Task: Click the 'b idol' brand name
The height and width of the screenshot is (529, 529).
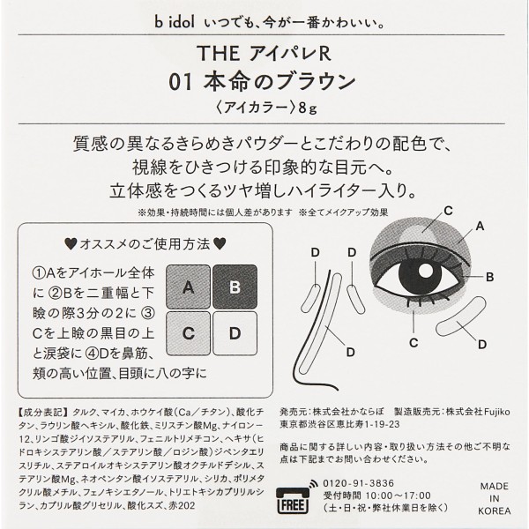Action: (x=175, y=22)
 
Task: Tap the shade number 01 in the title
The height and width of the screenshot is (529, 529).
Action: (x=181, y=82)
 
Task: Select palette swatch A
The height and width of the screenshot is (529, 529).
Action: (x=189, y=287)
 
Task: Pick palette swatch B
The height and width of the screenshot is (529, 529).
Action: (x=235, y=287)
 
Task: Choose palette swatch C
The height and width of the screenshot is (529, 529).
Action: (x=189, y=333)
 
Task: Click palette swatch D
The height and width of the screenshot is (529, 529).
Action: (x=235, y=333)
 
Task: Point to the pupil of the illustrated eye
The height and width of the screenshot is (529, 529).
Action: (x=420, y=273)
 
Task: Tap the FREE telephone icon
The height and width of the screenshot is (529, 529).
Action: (x=293, y=499)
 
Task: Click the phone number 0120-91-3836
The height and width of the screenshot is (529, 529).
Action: (x=358, y=483)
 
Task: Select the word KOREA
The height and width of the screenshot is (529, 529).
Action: (x=495, y=510)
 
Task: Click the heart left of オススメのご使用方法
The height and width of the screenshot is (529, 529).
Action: (x=71, y=244)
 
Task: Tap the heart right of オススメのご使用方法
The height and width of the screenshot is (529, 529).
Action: (x=220, y=244)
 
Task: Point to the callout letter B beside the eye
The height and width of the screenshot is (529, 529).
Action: (x=489, y=278)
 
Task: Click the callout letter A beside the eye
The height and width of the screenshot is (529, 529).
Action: (x=480, y=227)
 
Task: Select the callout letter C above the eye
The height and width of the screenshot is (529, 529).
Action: (x=448, y=211)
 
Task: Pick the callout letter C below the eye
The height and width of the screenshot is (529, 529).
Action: (x=414, y=343)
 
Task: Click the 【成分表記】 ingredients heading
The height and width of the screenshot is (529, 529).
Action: (x=42, y=413)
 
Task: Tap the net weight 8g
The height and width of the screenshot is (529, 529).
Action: (x=308, y=108)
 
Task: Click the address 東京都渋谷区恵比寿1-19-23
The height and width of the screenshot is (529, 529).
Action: (x=339, y=424)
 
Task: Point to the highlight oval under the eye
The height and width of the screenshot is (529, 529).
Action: (x=461, y=317)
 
